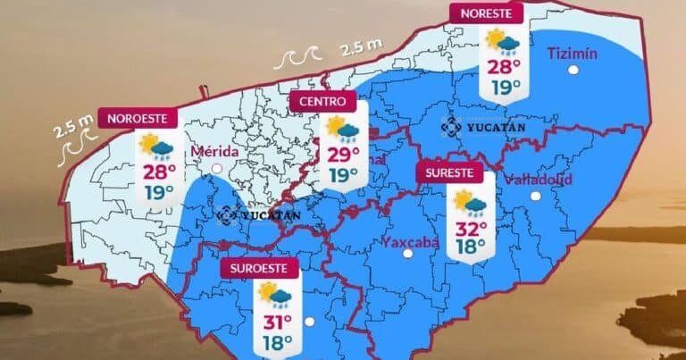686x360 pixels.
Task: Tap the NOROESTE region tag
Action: click(x=138, y=118)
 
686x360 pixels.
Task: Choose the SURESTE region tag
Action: click(x=448, y=172)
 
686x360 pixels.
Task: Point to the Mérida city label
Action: click(x=214, y=151)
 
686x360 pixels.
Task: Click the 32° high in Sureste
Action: click(x=469, y=226)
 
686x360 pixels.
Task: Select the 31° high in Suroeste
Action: click(x=276, y=322)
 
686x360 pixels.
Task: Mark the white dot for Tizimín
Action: click(x=571, y=69)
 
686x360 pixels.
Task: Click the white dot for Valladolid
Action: click(x=535, y=196)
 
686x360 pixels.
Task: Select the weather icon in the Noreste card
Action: click(x=503, y=41)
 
